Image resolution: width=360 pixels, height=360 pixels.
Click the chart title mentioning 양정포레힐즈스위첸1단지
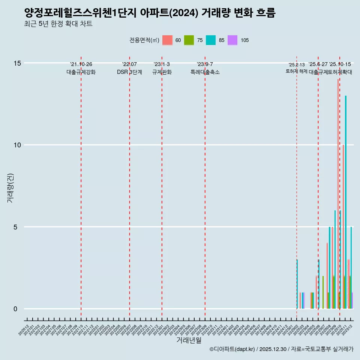pos(150,13)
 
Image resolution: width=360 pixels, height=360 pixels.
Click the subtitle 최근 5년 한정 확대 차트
pos(58,24)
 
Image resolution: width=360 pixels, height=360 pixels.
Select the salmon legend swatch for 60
pos(167,40)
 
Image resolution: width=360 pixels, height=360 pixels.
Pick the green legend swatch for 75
pos(189,40)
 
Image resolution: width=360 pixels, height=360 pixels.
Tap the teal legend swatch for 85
pos(211,40)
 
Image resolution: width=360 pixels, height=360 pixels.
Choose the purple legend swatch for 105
pos(232,40)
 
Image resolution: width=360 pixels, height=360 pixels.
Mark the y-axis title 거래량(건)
pos(10,188)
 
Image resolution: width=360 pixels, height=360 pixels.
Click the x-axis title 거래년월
pos(189,340)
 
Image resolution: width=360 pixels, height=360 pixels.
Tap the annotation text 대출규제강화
pos(81,72)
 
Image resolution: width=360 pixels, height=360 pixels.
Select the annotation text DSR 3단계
pos(129,72)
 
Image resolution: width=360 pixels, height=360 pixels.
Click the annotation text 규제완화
pos(162,72)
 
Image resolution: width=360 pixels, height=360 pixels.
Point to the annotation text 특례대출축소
pos(205,72)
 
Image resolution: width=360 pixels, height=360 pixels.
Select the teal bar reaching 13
pos(346,202)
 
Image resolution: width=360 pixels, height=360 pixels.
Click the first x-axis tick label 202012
pos(24,330)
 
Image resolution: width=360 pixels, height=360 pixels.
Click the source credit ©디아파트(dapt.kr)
pos(232,349)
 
